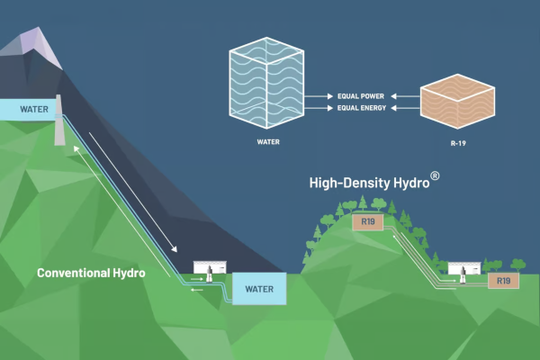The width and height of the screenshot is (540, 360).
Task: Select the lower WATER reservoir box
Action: [x=258, y=289]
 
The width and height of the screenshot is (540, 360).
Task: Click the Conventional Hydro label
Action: [x=92, y=271]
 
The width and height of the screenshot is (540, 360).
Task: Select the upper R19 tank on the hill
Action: [x=367, y=221]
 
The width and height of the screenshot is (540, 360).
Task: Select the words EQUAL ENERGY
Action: [x=362, y=108]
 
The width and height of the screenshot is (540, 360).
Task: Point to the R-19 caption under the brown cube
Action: [x=459, y=140]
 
